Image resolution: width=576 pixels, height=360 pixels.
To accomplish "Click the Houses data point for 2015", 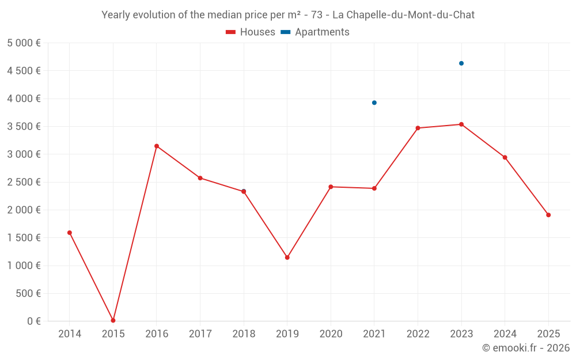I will click(113, 320).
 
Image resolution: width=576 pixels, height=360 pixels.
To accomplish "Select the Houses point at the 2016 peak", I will click(157, 146).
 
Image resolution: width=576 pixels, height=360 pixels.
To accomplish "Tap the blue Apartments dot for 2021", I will click(374, 103).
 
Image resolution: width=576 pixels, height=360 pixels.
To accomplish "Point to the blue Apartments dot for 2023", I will click(461, 63).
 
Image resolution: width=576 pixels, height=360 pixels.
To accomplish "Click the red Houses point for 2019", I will click(287, 257).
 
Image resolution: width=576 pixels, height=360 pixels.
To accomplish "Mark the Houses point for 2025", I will click(548, 215).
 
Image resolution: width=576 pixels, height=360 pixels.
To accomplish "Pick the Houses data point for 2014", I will click(70, 233).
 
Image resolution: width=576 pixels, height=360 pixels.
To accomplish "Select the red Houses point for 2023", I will click(461, 124).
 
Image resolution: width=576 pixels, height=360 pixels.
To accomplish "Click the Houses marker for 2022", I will click(418, 128).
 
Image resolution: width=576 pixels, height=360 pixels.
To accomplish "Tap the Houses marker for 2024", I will click(505, 157).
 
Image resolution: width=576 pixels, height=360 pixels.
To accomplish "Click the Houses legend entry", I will click(251, 32).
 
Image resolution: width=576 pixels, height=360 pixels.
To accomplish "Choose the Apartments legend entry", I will click(315, 32).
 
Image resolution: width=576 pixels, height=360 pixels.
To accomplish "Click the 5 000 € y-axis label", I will click(24, 43).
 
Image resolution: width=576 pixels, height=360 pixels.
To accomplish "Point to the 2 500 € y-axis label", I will click(24, 182).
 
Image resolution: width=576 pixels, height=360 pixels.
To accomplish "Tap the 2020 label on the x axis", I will click(331, 334).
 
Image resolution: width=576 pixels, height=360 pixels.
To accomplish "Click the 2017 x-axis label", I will click(200, 334).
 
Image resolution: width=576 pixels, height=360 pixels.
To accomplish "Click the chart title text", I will click(288, 15).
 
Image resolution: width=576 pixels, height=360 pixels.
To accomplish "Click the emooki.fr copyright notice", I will click(525, 348).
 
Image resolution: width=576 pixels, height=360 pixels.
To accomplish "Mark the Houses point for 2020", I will click(331, 187).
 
